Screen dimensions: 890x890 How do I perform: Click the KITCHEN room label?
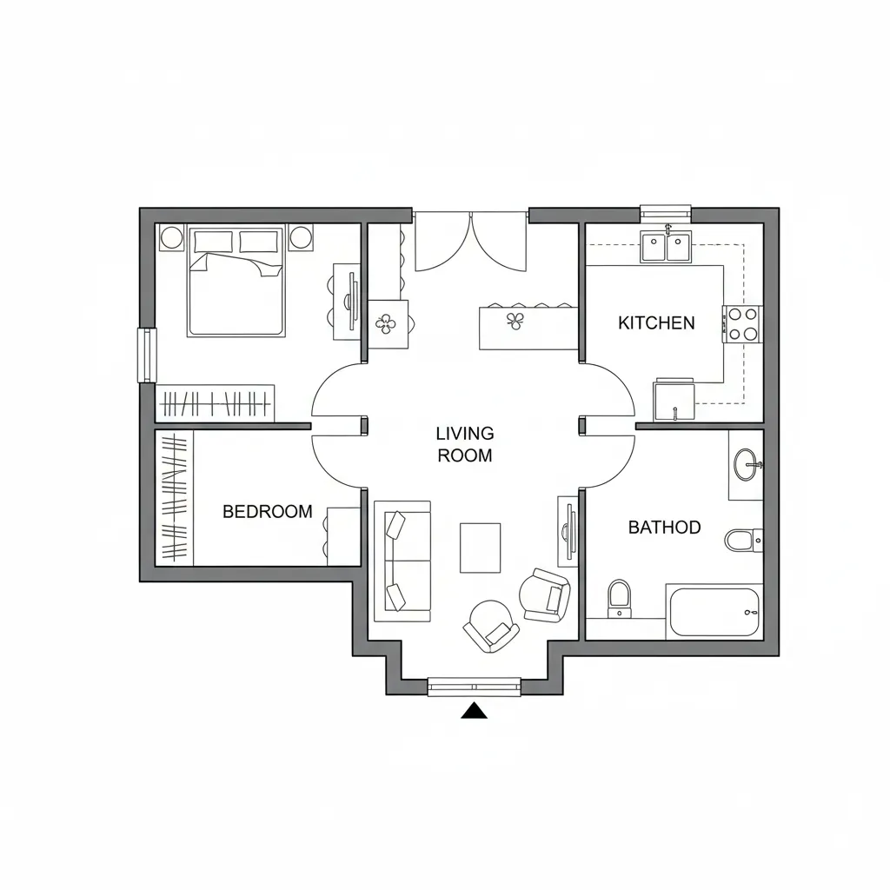[656, 323]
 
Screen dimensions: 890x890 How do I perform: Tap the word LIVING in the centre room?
[464, 433]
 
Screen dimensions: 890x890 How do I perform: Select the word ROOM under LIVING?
[465, 455]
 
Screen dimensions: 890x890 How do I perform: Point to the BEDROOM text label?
[267, 512]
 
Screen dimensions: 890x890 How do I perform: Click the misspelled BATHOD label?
[664, 528]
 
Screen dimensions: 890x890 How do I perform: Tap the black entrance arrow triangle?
[474, 711]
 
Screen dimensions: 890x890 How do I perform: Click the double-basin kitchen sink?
[666, 247]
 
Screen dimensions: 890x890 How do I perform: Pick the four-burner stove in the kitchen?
[741, 323]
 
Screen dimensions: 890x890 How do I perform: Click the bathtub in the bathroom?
[714, 613]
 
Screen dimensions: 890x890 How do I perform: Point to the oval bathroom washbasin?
[746, 465]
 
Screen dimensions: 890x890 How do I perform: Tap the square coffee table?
[480, 548]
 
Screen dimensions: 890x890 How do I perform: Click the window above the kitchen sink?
[666, 211]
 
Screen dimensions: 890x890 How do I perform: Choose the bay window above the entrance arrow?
[475, 687]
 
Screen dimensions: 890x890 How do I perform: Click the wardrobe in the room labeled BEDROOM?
[175, 499]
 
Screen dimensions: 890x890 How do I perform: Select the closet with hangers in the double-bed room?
[216, 404]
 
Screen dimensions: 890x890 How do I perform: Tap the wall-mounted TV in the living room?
[568, 529]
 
